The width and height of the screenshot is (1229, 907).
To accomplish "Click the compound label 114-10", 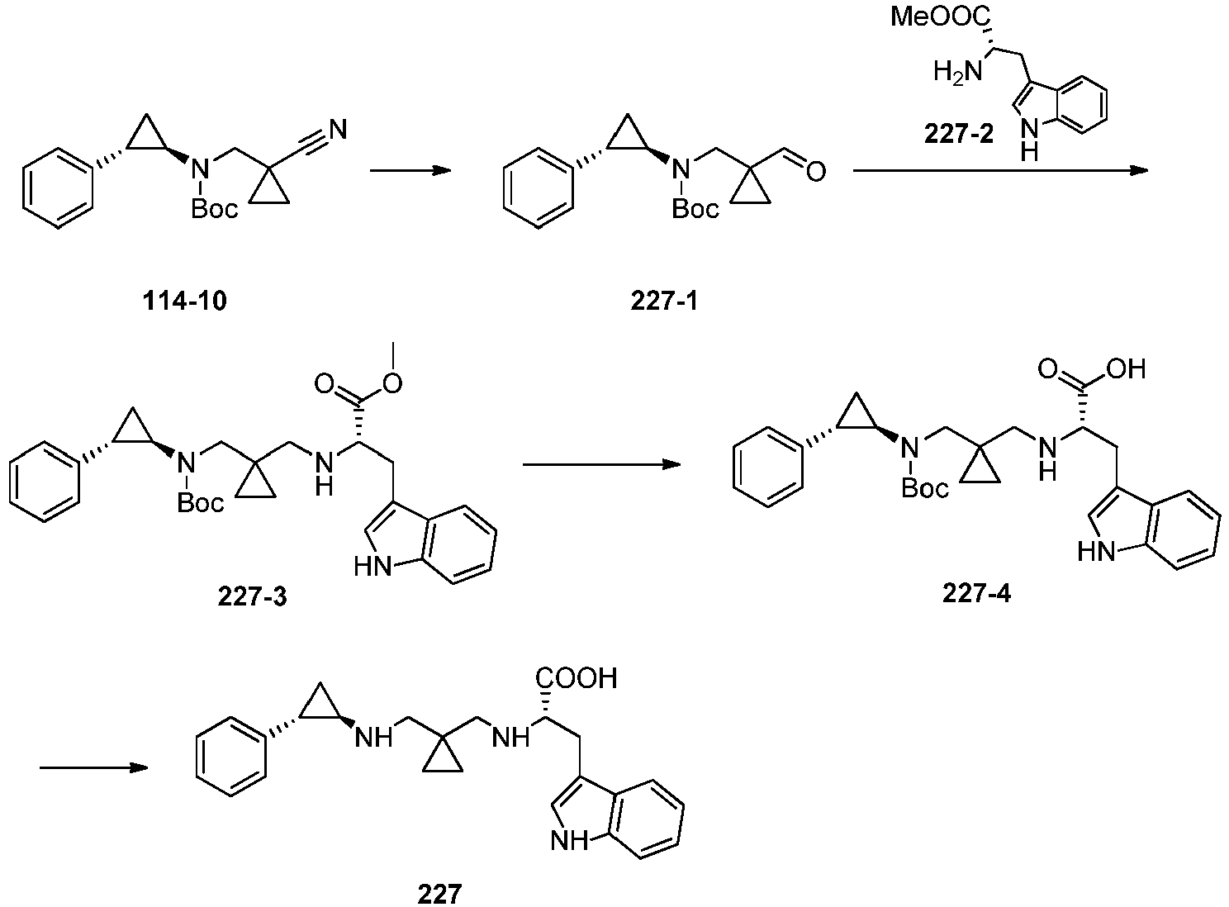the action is click(185, 302).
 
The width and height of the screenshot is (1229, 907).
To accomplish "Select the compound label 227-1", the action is click(664, 302).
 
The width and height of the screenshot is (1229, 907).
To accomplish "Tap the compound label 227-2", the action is click(959, 134).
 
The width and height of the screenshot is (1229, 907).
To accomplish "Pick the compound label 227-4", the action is click(976, 594).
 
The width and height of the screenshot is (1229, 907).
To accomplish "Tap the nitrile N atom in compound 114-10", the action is click(338, 130).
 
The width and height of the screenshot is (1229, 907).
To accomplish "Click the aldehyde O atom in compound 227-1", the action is click(816, 171).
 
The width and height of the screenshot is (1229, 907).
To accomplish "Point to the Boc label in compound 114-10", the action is click(215, 209).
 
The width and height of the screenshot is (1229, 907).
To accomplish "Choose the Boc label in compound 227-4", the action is click(925, 488).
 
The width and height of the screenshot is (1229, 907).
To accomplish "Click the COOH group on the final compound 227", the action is click(576, 678).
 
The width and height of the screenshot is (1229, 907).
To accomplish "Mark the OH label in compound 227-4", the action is click(1126, 369).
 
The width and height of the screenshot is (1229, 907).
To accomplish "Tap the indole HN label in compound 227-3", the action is click(372, 567).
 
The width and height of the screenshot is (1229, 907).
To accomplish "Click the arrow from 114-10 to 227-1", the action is click(410, 171).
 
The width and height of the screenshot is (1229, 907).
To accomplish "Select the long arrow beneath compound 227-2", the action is click(1001, 171).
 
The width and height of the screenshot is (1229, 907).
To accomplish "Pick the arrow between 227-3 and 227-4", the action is click(602, 464).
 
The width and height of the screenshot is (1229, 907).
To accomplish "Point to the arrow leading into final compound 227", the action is click(93, 768).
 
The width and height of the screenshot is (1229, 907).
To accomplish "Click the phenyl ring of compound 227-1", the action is click(538, 188).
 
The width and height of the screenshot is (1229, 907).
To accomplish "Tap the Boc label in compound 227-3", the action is click(200, 503).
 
